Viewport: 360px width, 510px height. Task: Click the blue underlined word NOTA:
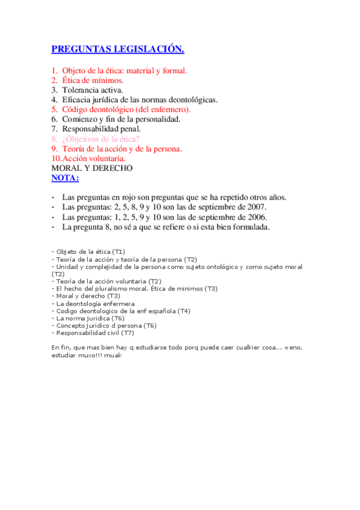pyautogui.click(x=65, y=178)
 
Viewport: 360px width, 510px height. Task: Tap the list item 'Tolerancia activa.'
pyautogui.click(x=93, y=90)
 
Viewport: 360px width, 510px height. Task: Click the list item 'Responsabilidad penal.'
pyautogui.click(x=102, y=129)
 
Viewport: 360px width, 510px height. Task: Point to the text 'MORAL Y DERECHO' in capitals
pyautogui.click(x=92, y=168)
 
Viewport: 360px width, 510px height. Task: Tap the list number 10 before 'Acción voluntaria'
pyautogui.click(x=56, y=158)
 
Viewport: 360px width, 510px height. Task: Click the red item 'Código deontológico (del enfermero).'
pyautogui.click(x=126, y=109)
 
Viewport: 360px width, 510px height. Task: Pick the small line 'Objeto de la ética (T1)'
pyautogui.click(x=90, y=251)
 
